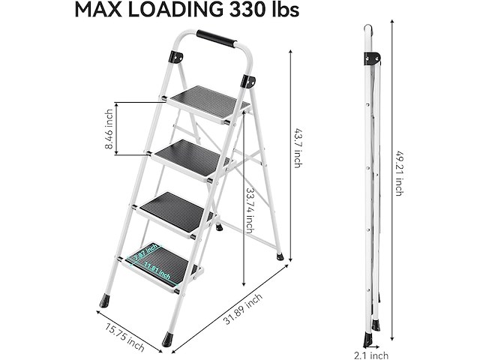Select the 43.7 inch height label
point(298,148)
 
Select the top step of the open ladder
point(207,103)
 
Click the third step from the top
point(178,211)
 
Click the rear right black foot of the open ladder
point(280,256)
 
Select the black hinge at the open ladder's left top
point(176,57)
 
